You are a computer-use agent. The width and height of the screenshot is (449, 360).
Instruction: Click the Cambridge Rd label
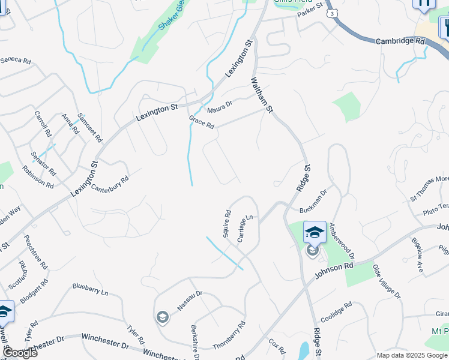(400, 41)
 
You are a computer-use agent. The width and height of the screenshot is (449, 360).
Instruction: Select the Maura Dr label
(220, 108)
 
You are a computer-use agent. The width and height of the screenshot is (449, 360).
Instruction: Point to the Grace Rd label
(202, 122)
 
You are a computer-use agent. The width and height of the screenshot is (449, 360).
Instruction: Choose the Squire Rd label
(227, 223)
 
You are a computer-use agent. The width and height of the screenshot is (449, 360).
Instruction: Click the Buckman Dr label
(313, 202)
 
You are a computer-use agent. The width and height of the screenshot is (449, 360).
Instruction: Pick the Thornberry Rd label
(229, 335)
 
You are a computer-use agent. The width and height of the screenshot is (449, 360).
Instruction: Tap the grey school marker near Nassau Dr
(162, 317)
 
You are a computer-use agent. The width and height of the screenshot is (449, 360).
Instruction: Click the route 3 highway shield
(331, 12)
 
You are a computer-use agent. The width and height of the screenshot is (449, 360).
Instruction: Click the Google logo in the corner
(20, 353)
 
